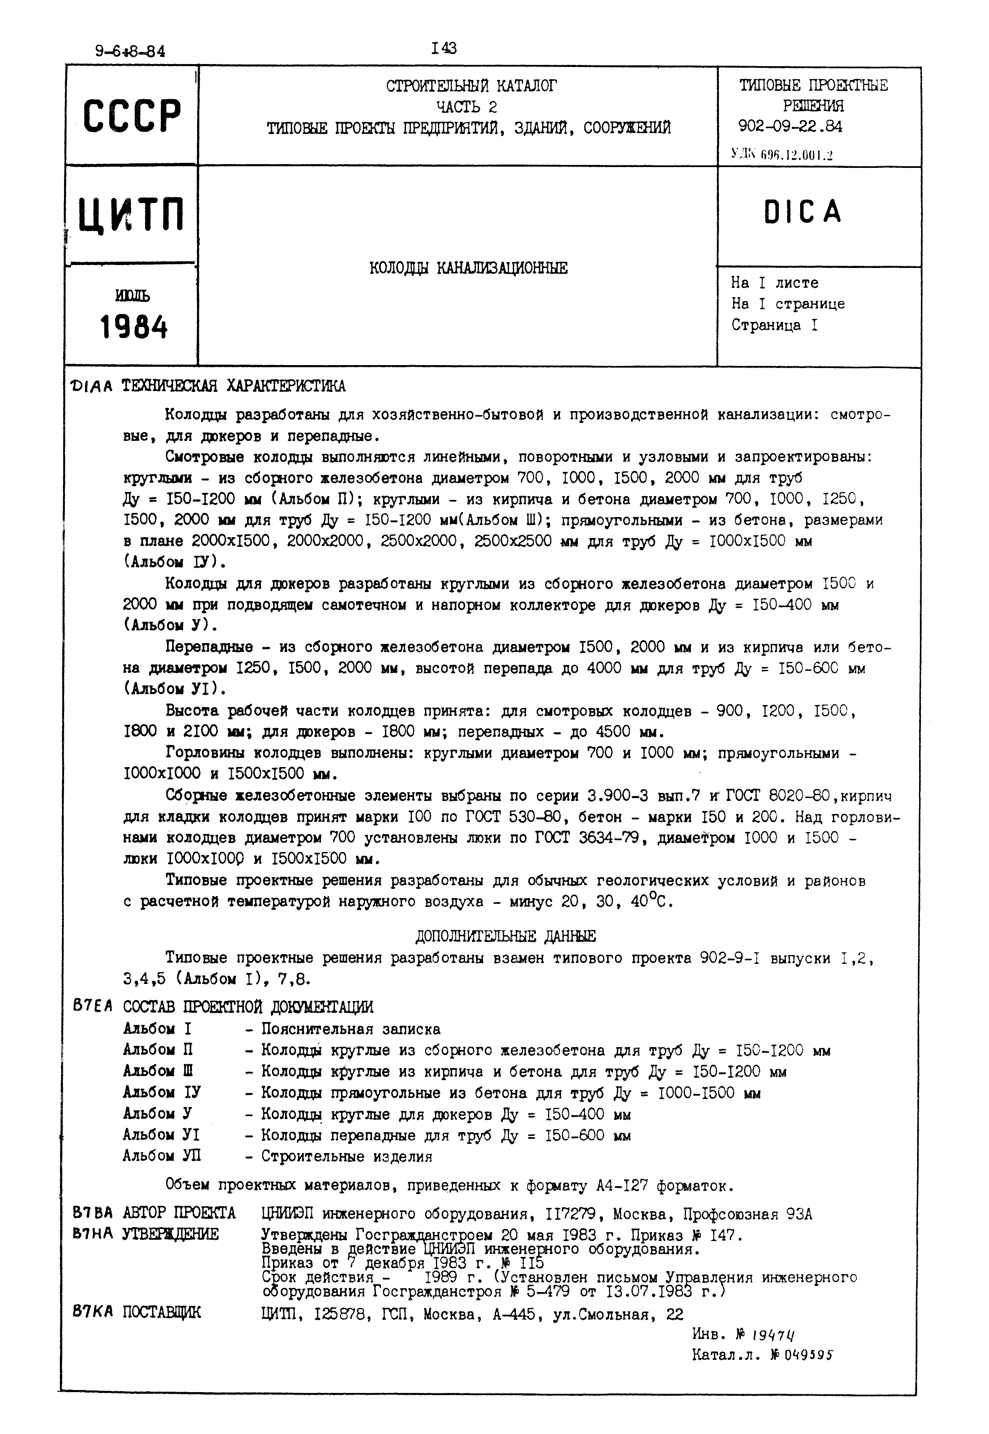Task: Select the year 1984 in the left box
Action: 134,327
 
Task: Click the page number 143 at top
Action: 444,48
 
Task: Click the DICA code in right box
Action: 803,212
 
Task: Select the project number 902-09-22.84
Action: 790,126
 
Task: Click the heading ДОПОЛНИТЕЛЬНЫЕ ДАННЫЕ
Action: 505,936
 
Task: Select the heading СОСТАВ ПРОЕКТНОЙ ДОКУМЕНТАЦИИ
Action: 248,1007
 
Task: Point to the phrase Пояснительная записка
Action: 351,1029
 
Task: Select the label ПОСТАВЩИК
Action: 162,1313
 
